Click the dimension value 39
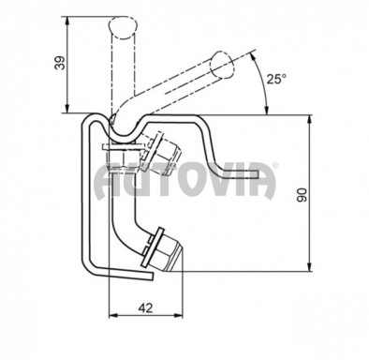click(60, 63)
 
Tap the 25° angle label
click(276, 79)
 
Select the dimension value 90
click(302, 195)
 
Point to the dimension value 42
click(145, 308)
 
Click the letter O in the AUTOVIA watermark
click(199, 179)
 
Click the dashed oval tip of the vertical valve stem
click(124, 27)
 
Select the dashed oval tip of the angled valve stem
click(222, 65)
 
